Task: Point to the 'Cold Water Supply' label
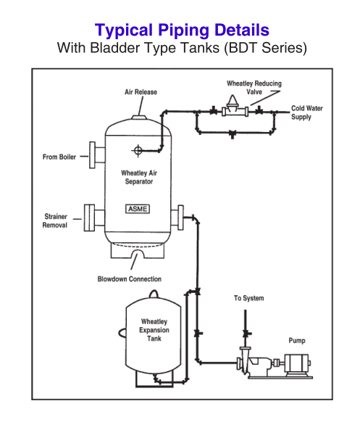tap(307, 112)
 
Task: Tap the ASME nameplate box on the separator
tap(138, 209)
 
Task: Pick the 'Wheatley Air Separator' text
tap(137, 178)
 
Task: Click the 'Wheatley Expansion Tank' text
tap(154, 328)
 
